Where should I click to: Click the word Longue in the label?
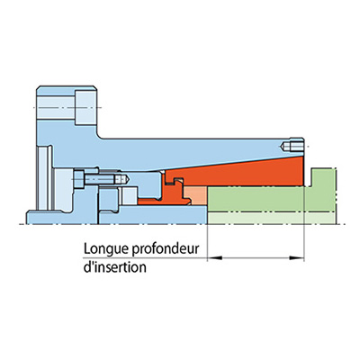pos(106,249)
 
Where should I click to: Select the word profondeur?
pos(166,249)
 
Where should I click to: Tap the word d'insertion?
pos(115,266)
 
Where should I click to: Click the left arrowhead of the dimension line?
pos(215,257)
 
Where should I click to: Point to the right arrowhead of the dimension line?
pos(296,257)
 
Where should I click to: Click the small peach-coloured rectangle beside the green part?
pos(195,195)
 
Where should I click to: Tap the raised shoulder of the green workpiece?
pos(323,177)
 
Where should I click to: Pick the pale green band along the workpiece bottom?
pos(271,218)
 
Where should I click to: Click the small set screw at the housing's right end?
pos(293,147)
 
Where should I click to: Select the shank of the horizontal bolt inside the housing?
pos(100,179)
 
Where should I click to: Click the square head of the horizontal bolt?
pos(79,179)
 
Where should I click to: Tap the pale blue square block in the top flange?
pos(85,107)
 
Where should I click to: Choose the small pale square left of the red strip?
pos(130,195)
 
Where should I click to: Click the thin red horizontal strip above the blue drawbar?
pos(150,202)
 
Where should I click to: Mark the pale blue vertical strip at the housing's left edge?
pos(42,177)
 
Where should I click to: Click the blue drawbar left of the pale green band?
pos(153,215)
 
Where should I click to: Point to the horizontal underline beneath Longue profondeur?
pos(145,257)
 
